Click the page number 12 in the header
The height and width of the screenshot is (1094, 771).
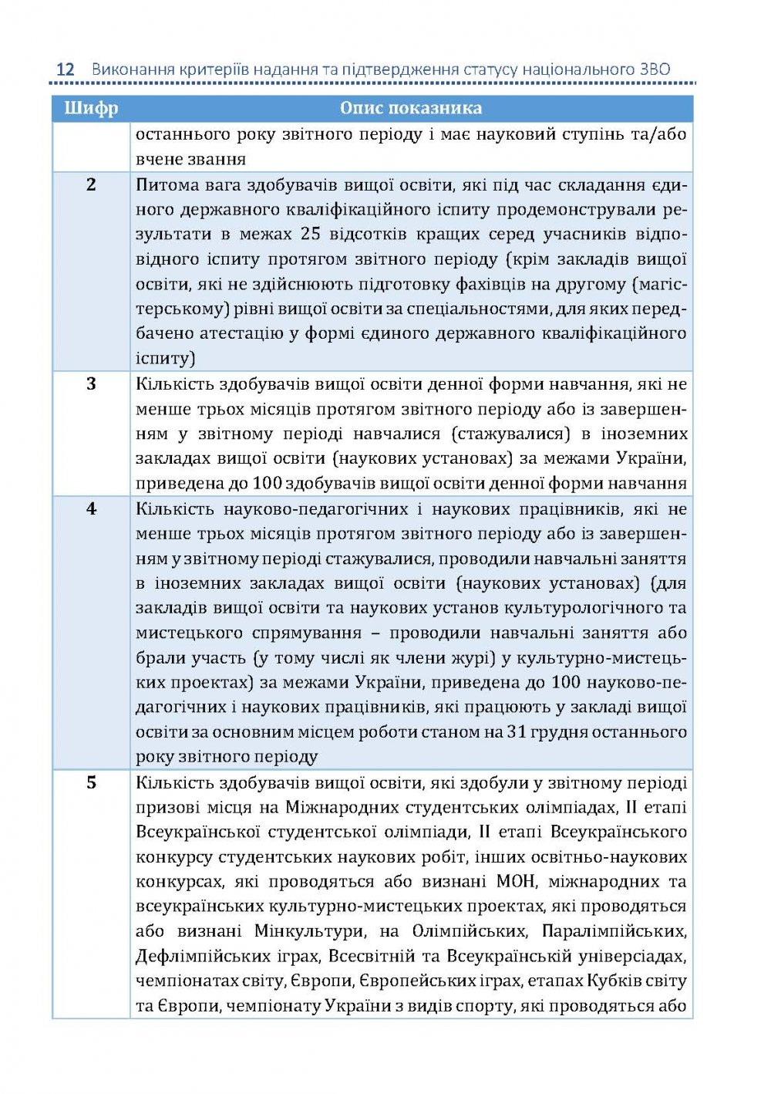tap(66, 69)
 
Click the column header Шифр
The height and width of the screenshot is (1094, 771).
tap(91, 108)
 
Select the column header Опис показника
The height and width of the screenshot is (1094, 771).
tap(411, 108)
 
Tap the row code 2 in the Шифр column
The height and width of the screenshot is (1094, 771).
tap(91, 184)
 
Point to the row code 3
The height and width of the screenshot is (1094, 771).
tap(91, 383)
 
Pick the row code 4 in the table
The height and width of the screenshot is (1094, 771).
tap(91, 508)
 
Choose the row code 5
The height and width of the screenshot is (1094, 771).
tap(91, 782)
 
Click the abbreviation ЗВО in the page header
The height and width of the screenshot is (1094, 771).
tap(655, 69)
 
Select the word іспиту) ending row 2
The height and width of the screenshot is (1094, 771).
tap(166, 359)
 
